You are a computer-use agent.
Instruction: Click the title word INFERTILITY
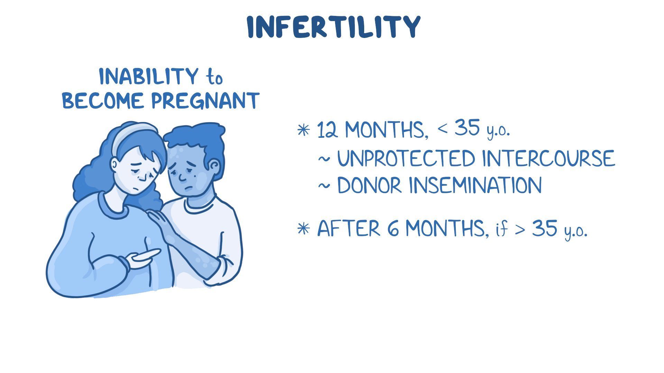point(334,27)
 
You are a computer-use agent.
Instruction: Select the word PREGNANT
point(205,101)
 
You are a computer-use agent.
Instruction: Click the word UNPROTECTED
point(406,159)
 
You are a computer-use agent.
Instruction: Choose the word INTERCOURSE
point(548,159)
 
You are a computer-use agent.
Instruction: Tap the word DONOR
point(369,185)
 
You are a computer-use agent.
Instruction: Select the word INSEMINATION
point(476,185)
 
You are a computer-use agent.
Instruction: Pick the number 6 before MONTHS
point(393,229)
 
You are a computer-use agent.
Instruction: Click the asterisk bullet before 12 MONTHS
point(304,130)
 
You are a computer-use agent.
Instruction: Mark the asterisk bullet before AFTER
point(304,228)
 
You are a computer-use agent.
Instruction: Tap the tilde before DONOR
point(324,186)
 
